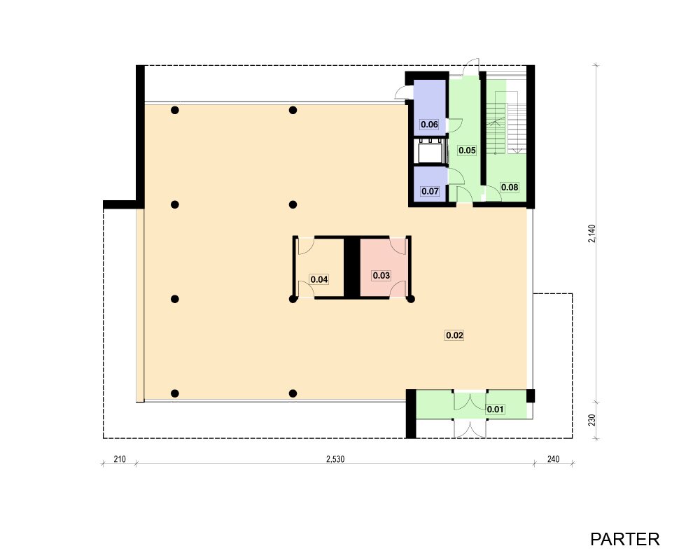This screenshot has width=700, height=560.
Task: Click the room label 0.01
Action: [x=495, y=409]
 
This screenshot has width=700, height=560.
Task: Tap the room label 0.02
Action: [x=454, y=335]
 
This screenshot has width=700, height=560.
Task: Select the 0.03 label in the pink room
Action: [x=381, y=276]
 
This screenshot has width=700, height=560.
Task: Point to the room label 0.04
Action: [x=319, y=279]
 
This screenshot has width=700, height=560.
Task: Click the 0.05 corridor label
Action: [x=467, y=150]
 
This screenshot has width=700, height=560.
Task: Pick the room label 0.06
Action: [x=430, y=124]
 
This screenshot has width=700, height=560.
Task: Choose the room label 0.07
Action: [x=430, y=191]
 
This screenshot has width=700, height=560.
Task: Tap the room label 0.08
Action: [x=510, y=187]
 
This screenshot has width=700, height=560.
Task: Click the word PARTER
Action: [x=624, y=539]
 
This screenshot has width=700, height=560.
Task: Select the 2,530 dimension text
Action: [x=335, y=459]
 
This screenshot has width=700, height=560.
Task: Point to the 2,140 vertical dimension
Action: [x=591, y=234]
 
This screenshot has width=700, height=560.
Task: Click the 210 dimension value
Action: [x=120, y=459]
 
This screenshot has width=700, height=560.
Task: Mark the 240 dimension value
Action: [x=553, y=459]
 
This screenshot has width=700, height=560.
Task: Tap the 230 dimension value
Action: [x=591, y=420]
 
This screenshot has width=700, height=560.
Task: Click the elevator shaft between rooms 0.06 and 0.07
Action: [x=430, y=152]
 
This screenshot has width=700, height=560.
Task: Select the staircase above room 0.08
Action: [x=506, y=128]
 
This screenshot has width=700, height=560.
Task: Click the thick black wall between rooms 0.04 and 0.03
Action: [x=352, y=267]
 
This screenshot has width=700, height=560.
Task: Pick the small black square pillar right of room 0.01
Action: [x=531, y=395]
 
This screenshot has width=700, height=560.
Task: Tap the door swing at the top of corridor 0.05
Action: [x=471, y=67]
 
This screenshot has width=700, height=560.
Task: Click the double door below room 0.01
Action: [x=470, y=428]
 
